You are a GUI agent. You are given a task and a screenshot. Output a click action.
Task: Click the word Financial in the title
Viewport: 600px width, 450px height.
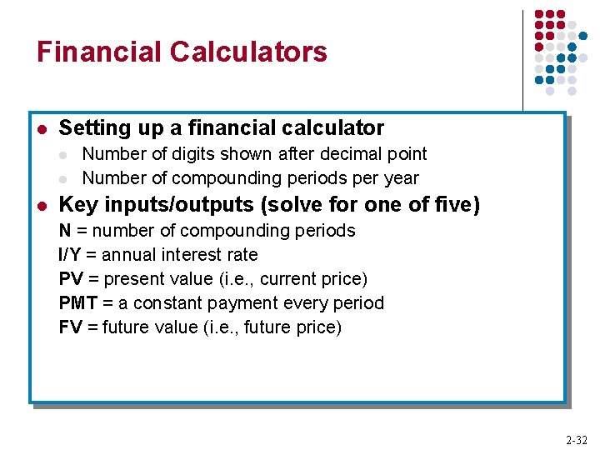99,52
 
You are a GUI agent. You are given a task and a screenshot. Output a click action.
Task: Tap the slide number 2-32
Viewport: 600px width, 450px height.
576,440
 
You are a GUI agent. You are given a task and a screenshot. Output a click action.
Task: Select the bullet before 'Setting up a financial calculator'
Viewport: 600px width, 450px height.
42,129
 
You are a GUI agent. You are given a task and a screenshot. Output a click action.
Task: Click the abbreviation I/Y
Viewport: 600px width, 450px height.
72,255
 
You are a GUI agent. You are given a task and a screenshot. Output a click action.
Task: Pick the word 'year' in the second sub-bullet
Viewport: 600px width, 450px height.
401,178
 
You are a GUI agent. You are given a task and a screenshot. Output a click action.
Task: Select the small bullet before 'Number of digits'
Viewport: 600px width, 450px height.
64,155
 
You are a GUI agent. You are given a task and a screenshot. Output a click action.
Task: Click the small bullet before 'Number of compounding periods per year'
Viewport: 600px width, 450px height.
64,179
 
